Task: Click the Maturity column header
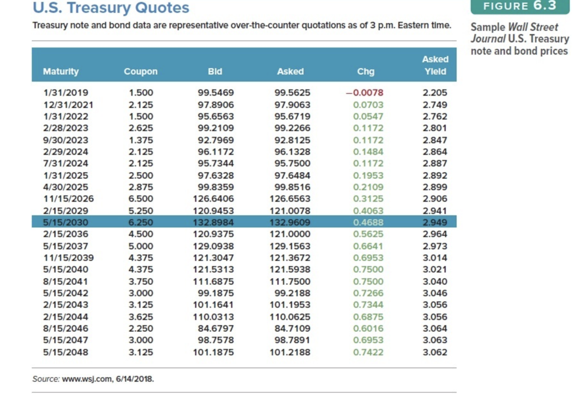pos(61,71)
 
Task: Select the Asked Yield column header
pos(435,65)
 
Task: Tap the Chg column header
pos(366,71)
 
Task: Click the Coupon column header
pos(141,71)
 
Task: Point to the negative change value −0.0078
pos(365,93)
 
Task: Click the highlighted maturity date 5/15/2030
pos(66,222)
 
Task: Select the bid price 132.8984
pos(216,222)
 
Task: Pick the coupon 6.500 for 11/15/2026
pos(141,199)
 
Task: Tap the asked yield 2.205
pos(435,93)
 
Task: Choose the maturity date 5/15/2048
pos(66,352)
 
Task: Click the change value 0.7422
pos(368,352)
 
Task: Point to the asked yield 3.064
pos(435,329)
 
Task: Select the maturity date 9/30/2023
pos(66,140)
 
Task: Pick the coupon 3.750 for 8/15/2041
pos(141,282)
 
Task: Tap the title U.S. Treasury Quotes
pos(111,8)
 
